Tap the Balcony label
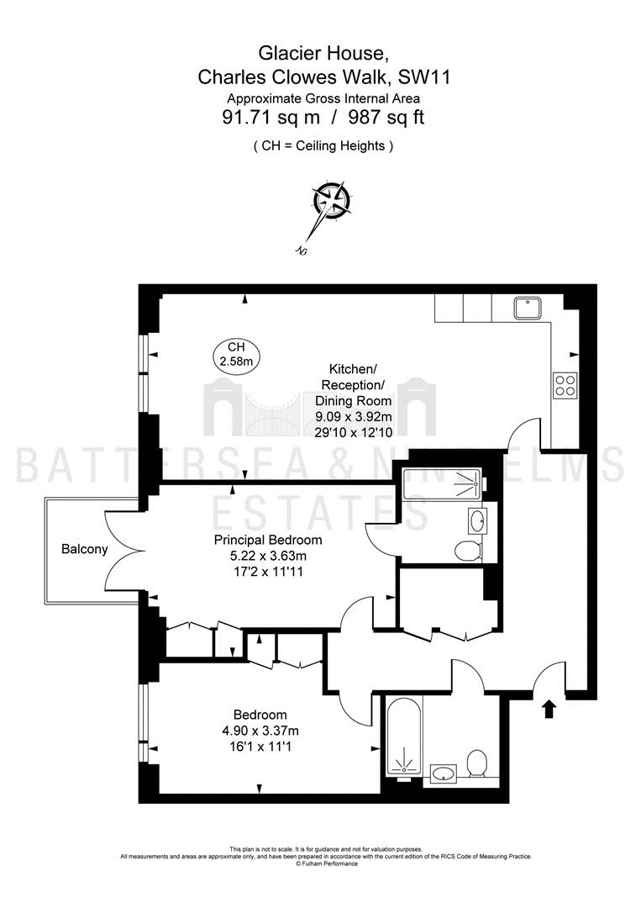coord(85,549)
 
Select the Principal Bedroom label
coord(268,541)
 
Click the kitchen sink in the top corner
coord(527,308)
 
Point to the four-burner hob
coord(565,385)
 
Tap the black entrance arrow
coord(549,709)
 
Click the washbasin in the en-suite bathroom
coord(477,521)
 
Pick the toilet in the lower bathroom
coord(477,763)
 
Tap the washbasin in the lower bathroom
coord(444,772)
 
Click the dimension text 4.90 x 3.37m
coord(260,731)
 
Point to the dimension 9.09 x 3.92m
coord(353,416)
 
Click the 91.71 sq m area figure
coord(271,118)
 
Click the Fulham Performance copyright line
coord(327,864)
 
